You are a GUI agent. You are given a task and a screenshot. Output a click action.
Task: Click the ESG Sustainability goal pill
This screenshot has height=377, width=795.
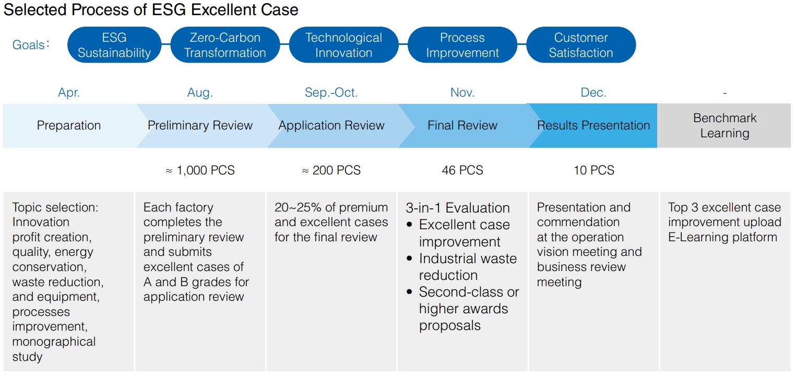click(x=114, y=45)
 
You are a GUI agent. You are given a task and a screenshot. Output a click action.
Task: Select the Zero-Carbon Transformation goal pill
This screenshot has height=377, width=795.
click(x=225, y=45)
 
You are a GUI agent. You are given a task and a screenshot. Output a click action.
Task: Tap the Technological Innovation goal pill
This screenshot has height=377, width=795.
click(x=343, y=45)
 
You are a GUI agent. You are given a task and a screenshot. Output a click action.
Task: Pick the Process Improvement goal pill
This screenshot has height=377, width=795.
click(x=462, y=45)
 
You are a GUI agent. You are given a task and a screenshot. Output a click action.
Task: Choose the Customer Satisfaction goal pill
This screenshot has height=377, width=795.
click(x=580, y=45)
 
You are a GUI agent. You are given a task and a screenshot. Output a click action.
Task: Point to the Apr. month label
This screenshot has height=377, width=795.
click(x=69, y=93)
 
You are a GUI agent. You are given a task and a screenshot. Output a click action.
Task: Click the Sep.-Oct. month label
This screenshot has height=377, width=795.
click(x=331, y=93)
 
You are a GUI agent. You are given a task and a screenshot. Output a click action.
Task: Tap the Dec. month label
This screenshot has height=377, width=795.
click(x=594, y=93)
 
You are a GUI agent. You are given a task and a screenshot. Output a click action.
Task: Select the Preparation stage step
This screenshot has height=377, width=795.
click(x=69, y=125)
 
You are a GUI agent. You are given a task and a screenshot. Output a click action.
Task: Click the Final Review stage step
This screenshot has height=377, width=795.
click(x=462, y=125)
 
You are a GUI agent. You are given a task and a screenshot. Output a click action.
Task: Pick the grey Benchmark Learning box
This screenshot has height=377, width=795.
click(x=725, y=125)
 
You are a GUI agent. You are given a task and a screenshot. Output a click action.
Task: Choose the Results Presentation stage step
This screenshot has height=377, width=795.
click(x=594, y=125)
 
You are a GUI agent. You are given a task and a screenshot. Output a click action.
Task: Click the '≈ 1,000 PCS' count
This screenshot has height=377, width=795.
click(x=200, y=170)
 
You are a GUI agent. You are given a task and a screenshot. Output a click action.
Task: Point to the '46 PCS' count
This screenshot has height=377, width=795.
click(x=462, y=170)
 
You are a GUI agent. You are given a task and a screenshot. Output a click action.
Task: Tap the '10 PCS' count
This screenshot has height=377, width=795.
click(x=594, y=170)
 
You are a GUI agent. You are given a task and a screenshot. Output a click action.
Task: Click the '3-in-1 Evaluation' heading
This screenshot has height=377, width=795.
click(x=457, y=208)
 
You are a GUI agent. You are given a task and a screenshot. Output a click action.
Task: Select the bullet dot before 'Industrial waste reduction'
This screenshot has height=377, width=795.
click(x=410, y=259)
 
